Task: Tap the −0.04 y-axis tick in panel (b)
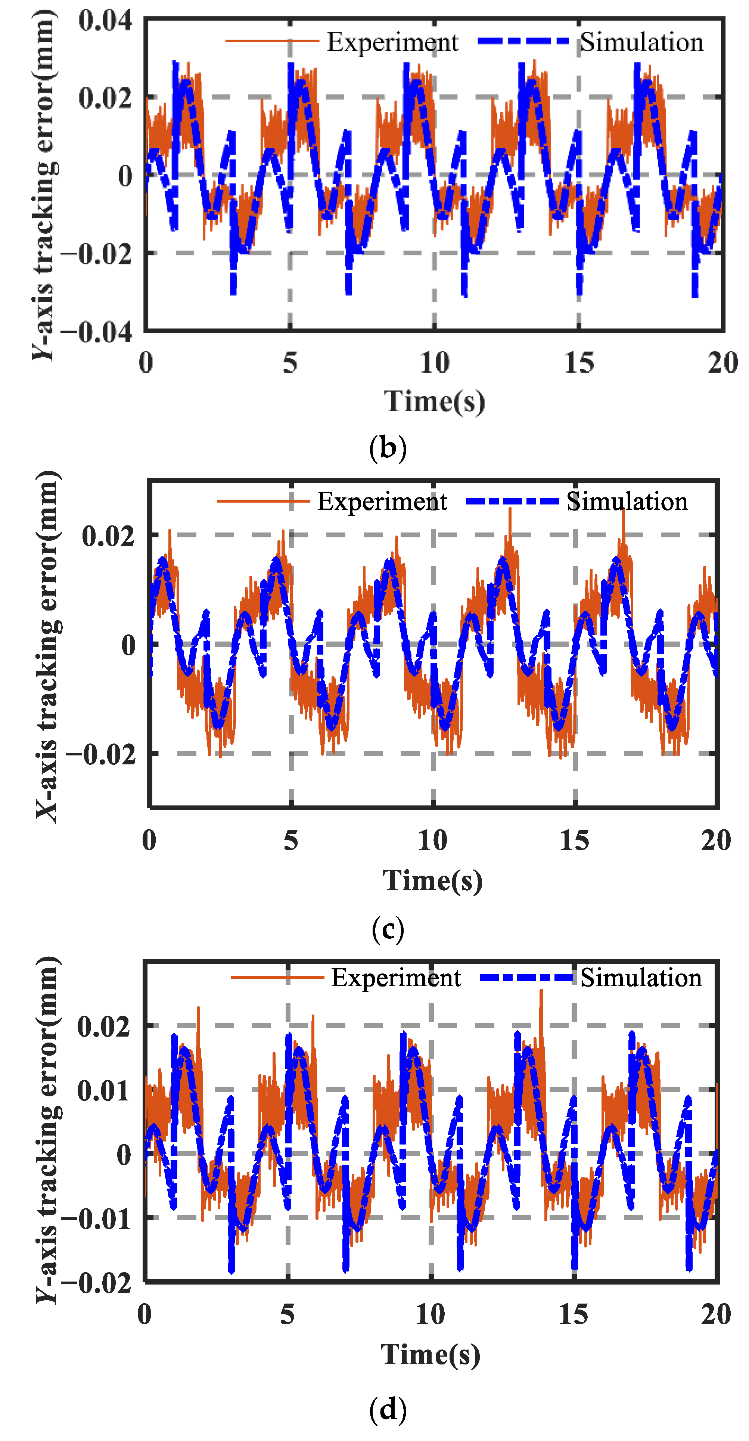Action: click(96, 332)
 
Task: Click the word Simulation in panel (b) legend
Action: click(641, 43)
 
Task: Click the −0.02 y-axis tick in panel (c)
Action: click(101, 755)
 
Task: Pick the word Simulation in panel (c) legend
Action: click(627, 501)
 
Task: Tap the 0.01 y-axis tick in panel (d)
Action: click(103, 1089)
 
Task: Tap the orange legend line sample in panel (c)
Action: click(263, 501)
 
